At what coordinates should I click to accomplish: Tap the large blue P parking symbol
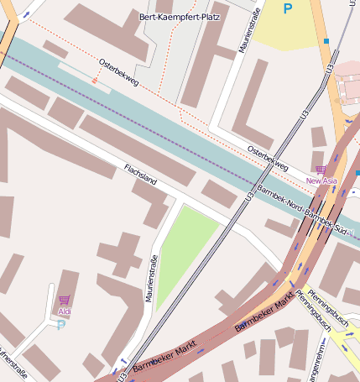tap(288, 9)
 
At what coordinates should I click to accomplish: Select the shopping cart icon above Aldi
tap(65, 300)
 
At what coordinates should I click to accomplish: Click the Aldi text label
tap(65, 311)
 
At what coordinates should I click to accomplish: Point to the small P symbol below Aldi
tap(60, 325)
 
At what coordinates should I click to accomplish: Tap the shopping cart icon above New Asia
tap(321, 170)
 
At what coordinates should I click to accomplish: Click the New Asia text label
tap(321, 181)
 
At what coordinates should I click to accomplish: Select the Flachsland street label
tap(140, 175)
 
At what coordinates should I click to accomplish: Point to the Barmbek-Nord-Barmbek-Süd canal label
tap(307, 207)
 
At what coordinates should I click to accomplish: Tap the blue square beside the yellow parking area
tap(326, 40)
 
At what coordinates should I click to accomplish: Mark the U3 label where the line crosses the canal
tap(250, 195)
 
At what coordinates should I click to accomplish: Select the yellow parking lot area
tap(285, 29)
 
